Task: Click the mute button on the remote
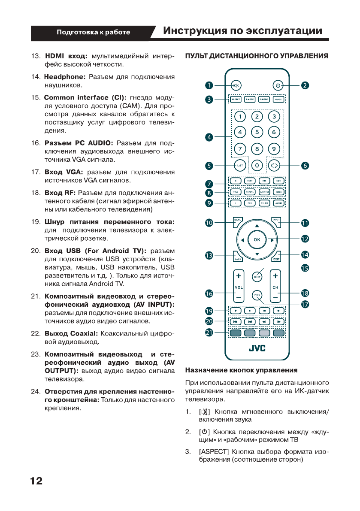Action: tap(236, 85)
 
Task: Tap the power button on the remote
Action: tap(278, 85)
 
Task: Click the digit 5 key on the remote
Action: tap(257, 133)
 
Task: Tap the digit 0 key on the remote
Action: tap(257, 165)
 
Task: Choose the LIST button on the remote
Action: tap(239, 165)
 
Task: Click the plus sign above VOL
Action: tap(238, 275)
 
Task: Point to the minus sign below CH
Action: tap(275, 297)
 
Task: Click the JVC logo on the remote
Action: tap(257, 348)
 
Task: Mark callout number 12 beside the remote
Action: tap(305, 239)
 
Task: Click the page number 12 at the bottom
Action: tap(36, 481)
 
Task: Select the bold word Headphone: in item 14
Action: tap(65, 77)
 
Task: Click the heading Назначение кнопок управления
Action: tap(241, 370)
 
